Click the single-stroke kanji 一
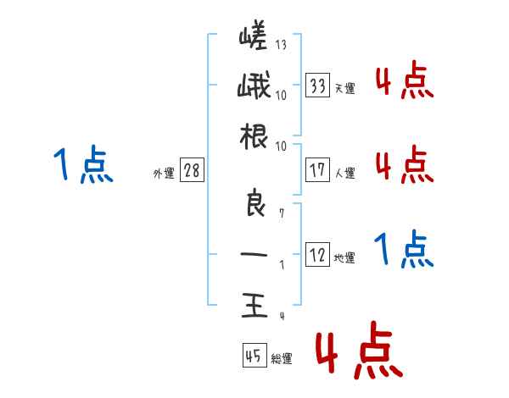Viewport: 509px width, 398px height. click(253, 253)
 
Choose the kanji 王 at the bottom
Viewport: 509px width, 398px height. click(253, 304)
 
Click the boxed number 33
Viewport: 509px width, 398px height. click(318, 85)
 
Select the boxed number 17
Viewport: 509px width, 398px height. click(318, 169)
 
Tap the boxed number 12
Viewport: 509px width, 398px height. click(318, 255)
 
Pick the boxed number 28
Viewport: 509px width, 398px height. click(192, 170)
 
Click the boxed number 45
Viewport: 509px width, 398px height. click(254, 357)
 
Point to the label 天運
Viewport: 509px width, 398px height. click(344, 88)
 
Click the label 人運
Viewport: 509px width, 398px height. click(344, 173)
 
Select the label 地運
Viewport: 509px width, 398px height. click(344, 258)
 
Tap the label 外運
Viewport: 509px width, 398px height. click(164, 174)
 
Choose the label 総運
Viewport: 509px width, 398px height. click(282, 359)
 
